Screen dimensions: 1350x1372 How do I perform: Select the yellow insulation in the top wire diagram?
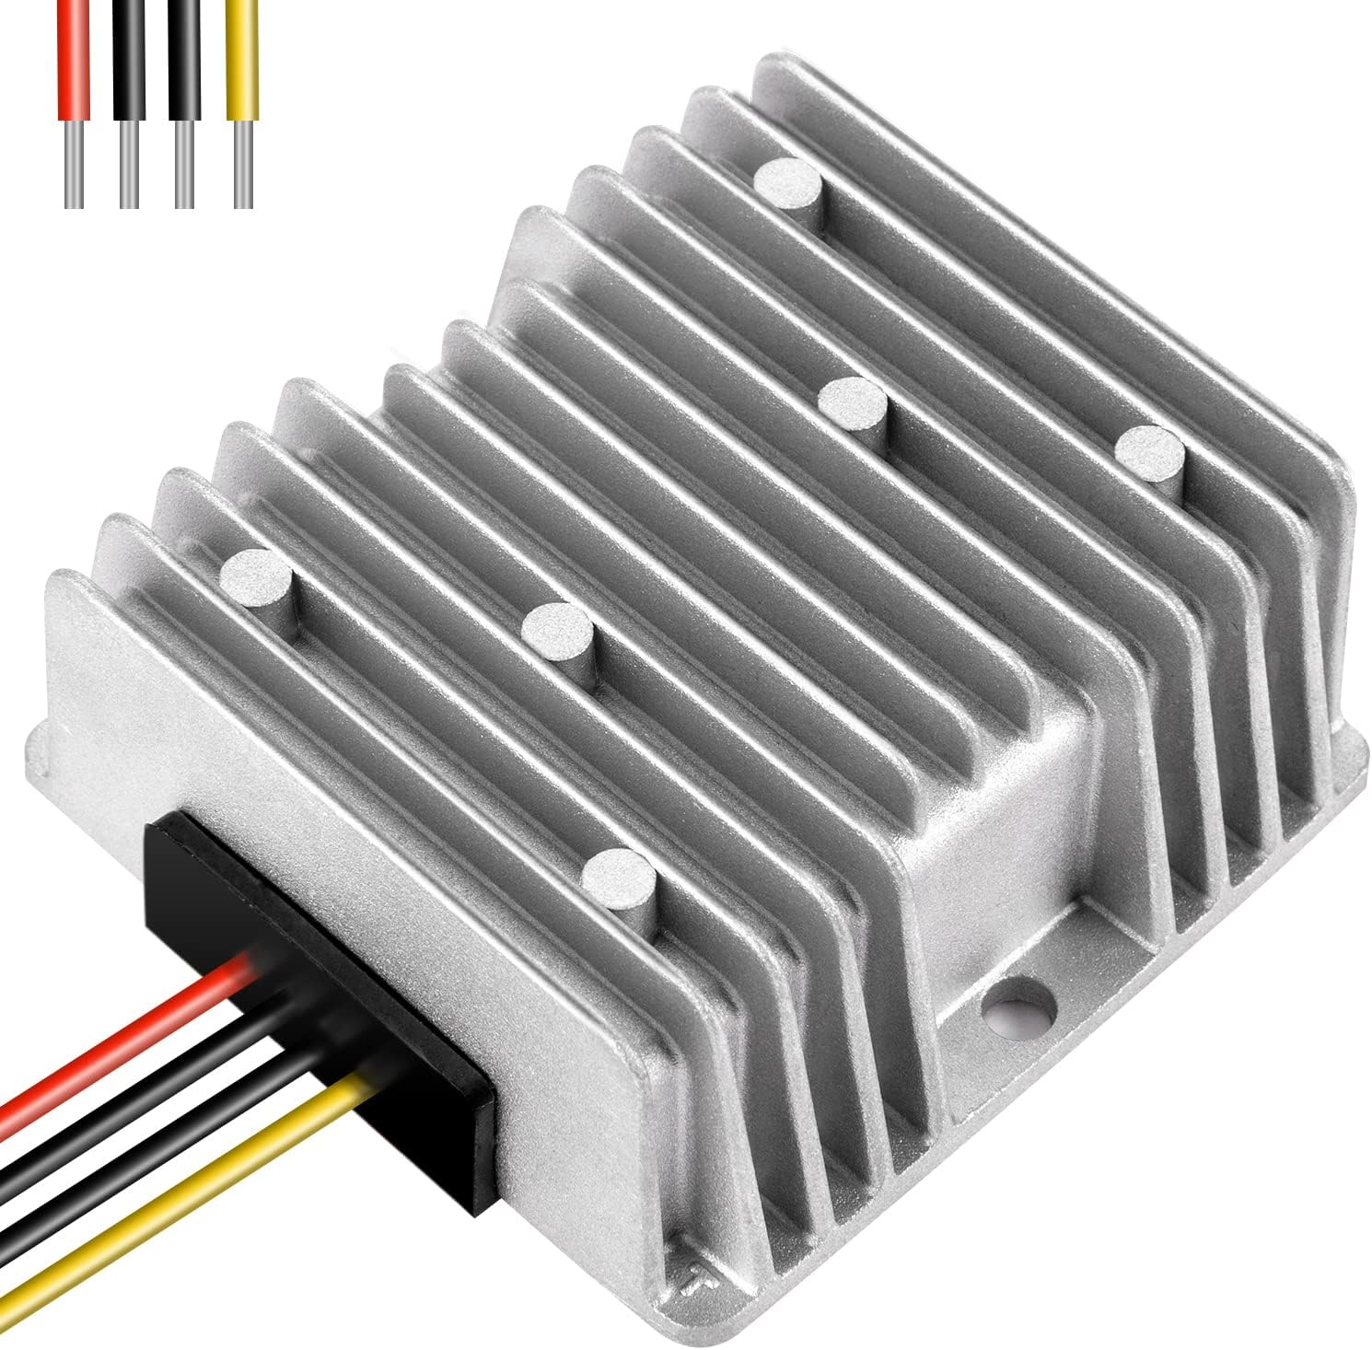tap(243, 59)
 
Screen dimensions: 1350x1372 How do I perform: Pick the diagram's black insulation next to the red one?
tap(128, 59)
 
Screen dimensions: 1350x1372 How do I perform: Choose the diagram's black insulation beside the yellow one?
tap(185, 59)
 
